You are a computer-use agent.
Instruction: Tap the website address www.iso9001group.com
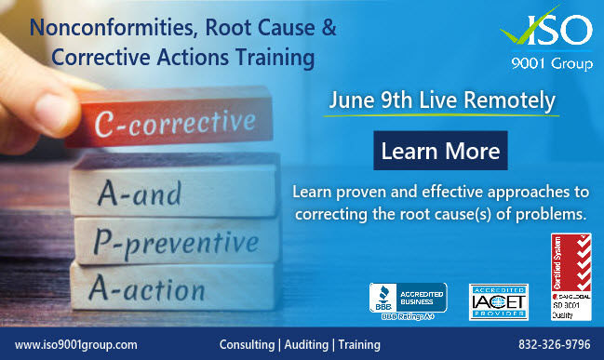pos(77,344)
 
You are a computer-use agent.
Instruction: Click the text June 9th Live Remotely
pos(442,99)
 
